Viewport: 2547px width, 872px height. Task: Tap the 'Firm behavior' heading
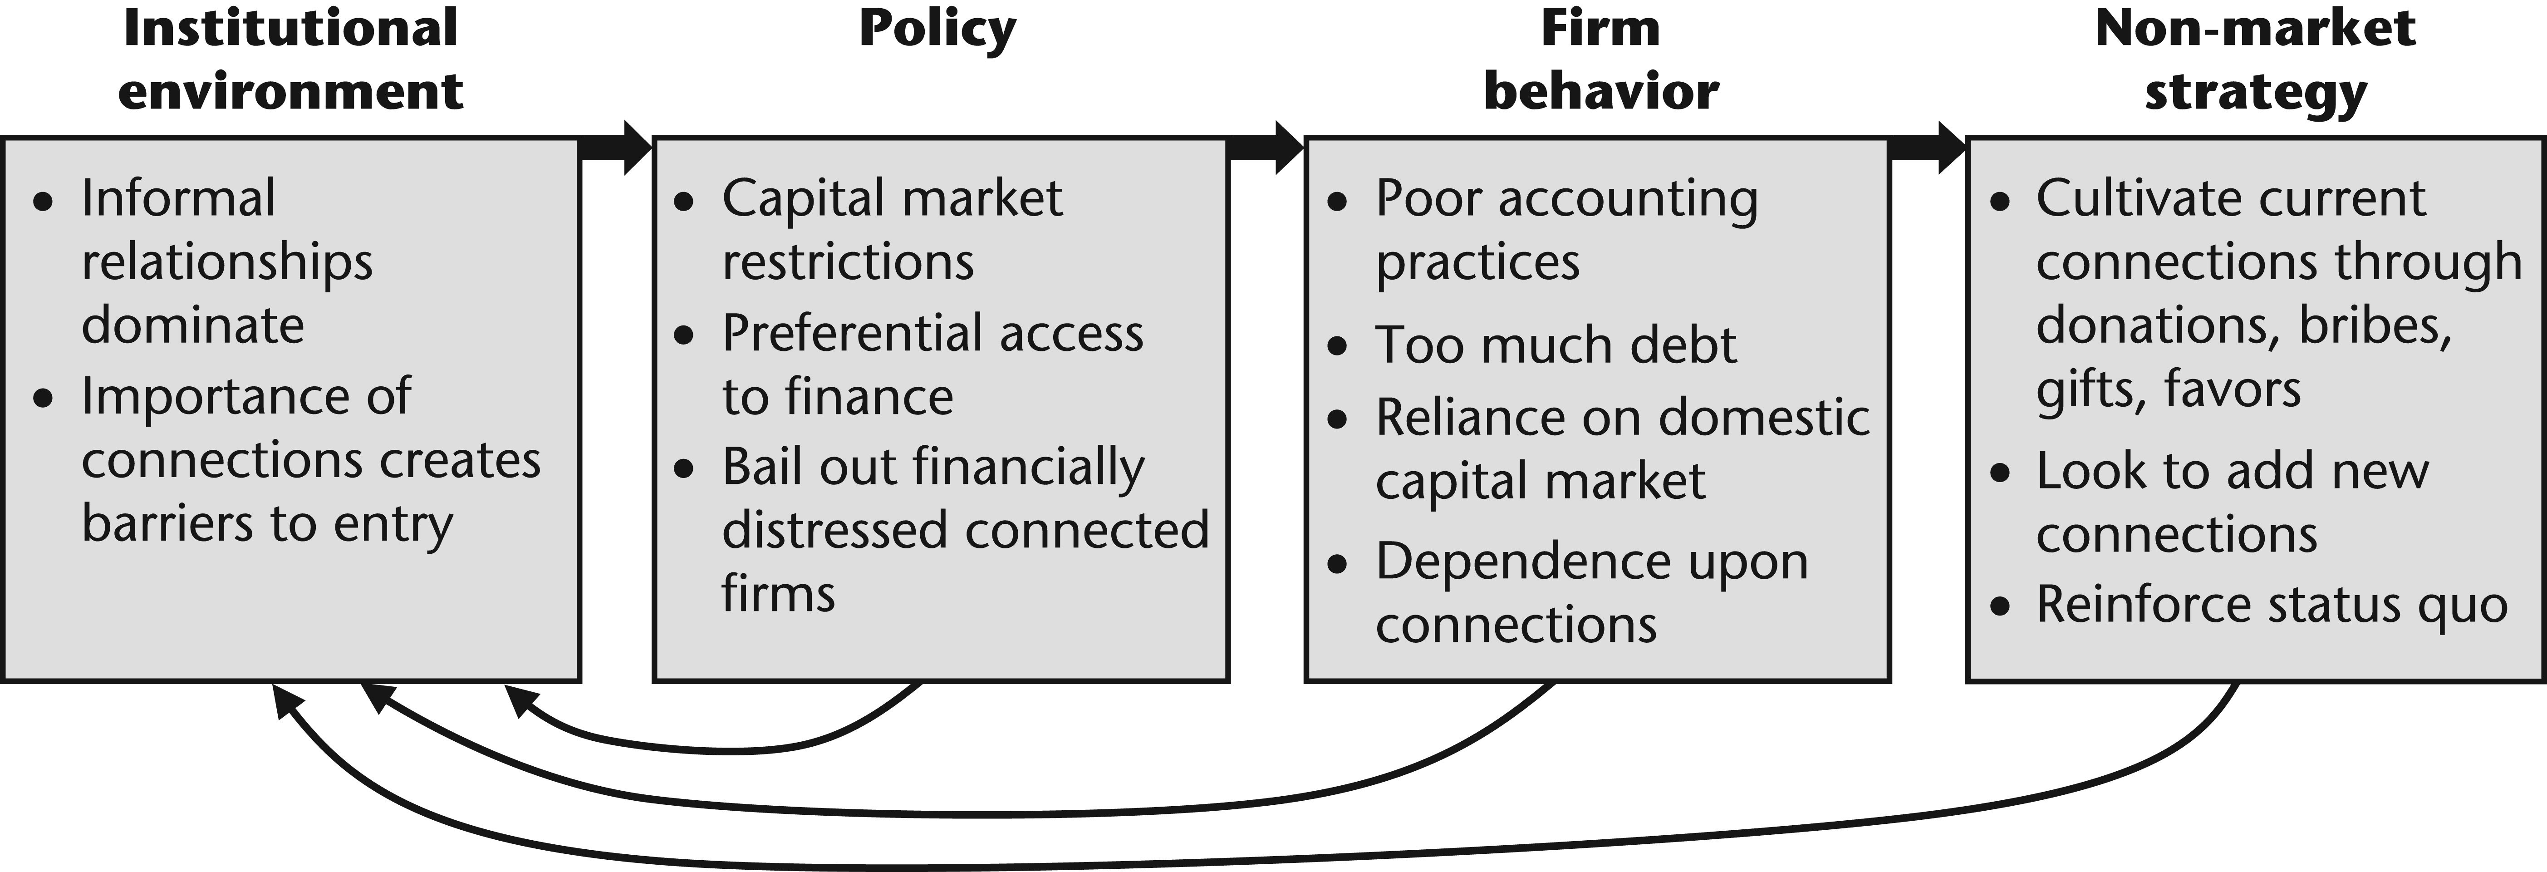tap(1601, 59)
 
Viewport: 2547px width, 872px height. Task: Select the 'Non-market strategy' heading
tap(2255, 59)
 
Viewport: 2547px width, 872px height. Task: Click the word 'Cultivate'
tap(2134, 199)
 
